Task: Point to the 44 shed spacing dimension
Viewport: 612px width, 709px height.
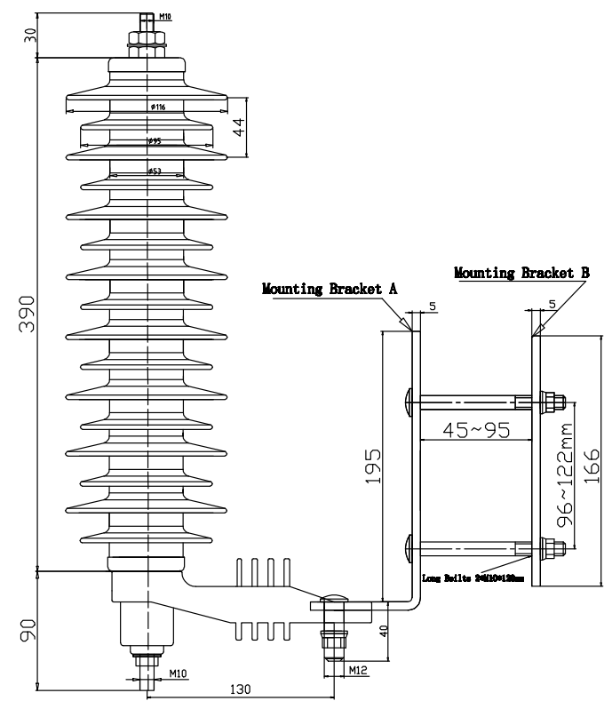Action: [x=237, y=128]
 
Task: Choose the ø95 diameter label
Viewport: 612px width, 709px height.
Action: [x=154, y=141]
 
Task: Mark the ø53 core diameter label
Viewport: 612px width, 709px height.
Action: [x=153, y=171]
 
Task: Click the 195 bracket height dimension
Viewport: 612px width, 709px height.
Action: [x=372, y=466]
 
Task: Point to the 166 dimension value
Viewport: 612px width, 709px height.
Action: [x=592, y=462]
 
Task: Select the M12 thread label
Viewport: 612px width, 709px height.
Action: [x=359, y=668]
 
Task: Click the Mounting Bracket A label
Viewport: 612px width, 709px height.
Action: [x=329, y=289]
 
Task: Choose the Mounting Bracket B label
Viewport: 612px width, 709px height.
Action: [x=521, y=273]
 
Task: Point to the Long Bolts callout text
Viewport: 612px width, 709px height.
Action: [x=473, y=578]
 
